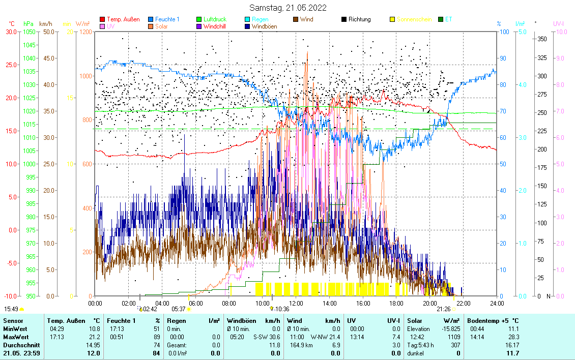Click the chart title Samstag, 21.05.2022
point(288,8)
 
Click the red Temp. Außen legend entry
point(123,19)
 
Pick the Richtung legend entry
point(359,19)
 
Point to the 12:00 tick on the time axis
point(296,303)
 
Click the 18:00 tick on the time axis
point(396,303)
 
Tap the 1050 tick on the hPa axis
point(28,32)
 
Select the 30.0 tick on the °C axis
point(11,32)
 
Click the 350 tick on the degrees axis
point(542,39)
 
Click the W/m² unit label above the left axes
point(82,23)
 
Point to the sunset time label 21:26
point(443,309)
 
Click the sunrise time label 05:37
point(179,309)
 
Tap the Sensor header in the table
point(13,321)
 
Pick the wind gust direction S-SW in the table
point(261,337)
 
